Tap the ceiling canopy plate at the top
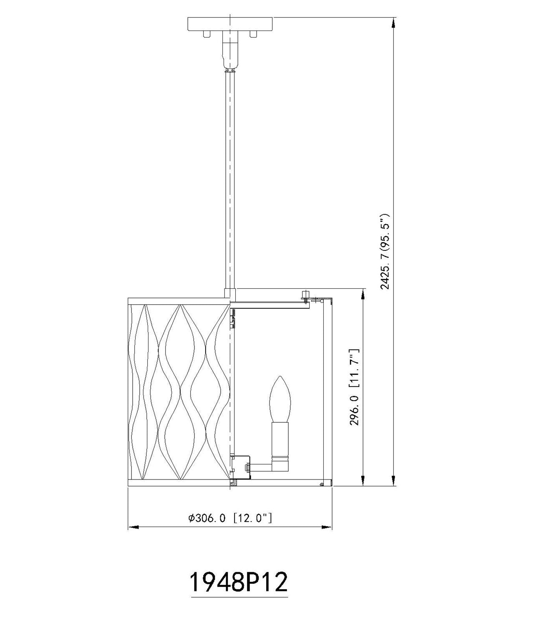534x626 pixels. (230, 24)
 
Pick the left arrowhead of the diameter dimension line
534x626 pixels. (133, 527)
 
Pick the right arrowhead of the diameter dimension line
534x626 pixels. (327, 527)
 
